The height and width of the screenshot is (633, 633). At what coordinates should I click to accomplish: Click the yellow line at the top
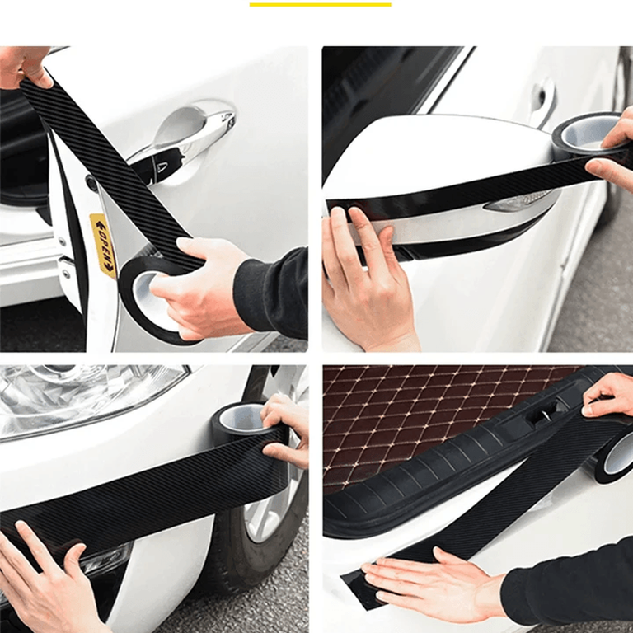[x=320, y=5]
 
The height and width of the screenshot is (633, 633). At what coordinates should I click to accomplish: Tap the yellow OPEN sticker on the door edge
[x=103, y=246]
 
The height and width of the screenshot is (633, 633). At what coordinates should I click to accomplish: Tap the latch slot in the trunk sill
[x=541, y=416]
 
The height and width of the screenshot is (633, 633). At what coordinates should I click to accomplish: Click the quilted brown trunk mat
[x=424, y=420]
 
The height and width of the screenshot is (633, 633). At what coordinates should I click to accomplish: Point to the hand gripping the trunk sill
[x=608, y=396]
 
